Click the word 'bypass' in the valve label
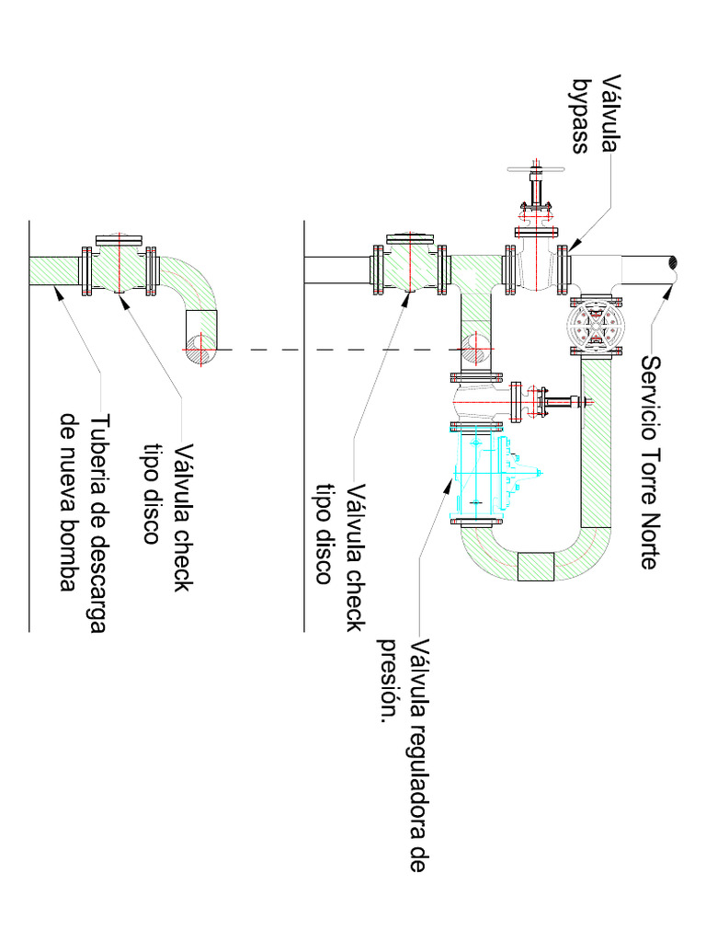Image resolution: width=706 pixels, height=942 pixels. pos(580,116)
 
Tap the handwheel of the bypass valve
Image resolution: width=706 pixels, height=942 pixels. pos(537,169)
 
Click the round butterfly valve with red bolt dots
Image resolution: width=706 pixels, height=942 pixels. pos(596,327)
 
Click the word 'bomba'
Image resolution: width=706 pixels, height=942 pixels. pos(70,561)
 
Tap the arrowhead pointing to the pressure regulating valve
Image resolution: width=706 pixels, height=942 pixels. pos(447,486)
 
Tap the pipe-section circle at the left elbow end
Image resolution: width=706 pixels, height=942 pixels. pos(200,349)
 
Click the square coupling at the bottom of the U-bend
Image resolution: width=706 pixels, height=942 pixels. pos(536,567)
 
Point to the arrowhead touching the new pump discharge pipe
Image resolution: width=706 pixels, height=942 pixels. pos(57,292)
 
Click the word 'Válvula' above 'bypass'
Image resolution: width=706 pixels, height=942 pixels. pos(611,113)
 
